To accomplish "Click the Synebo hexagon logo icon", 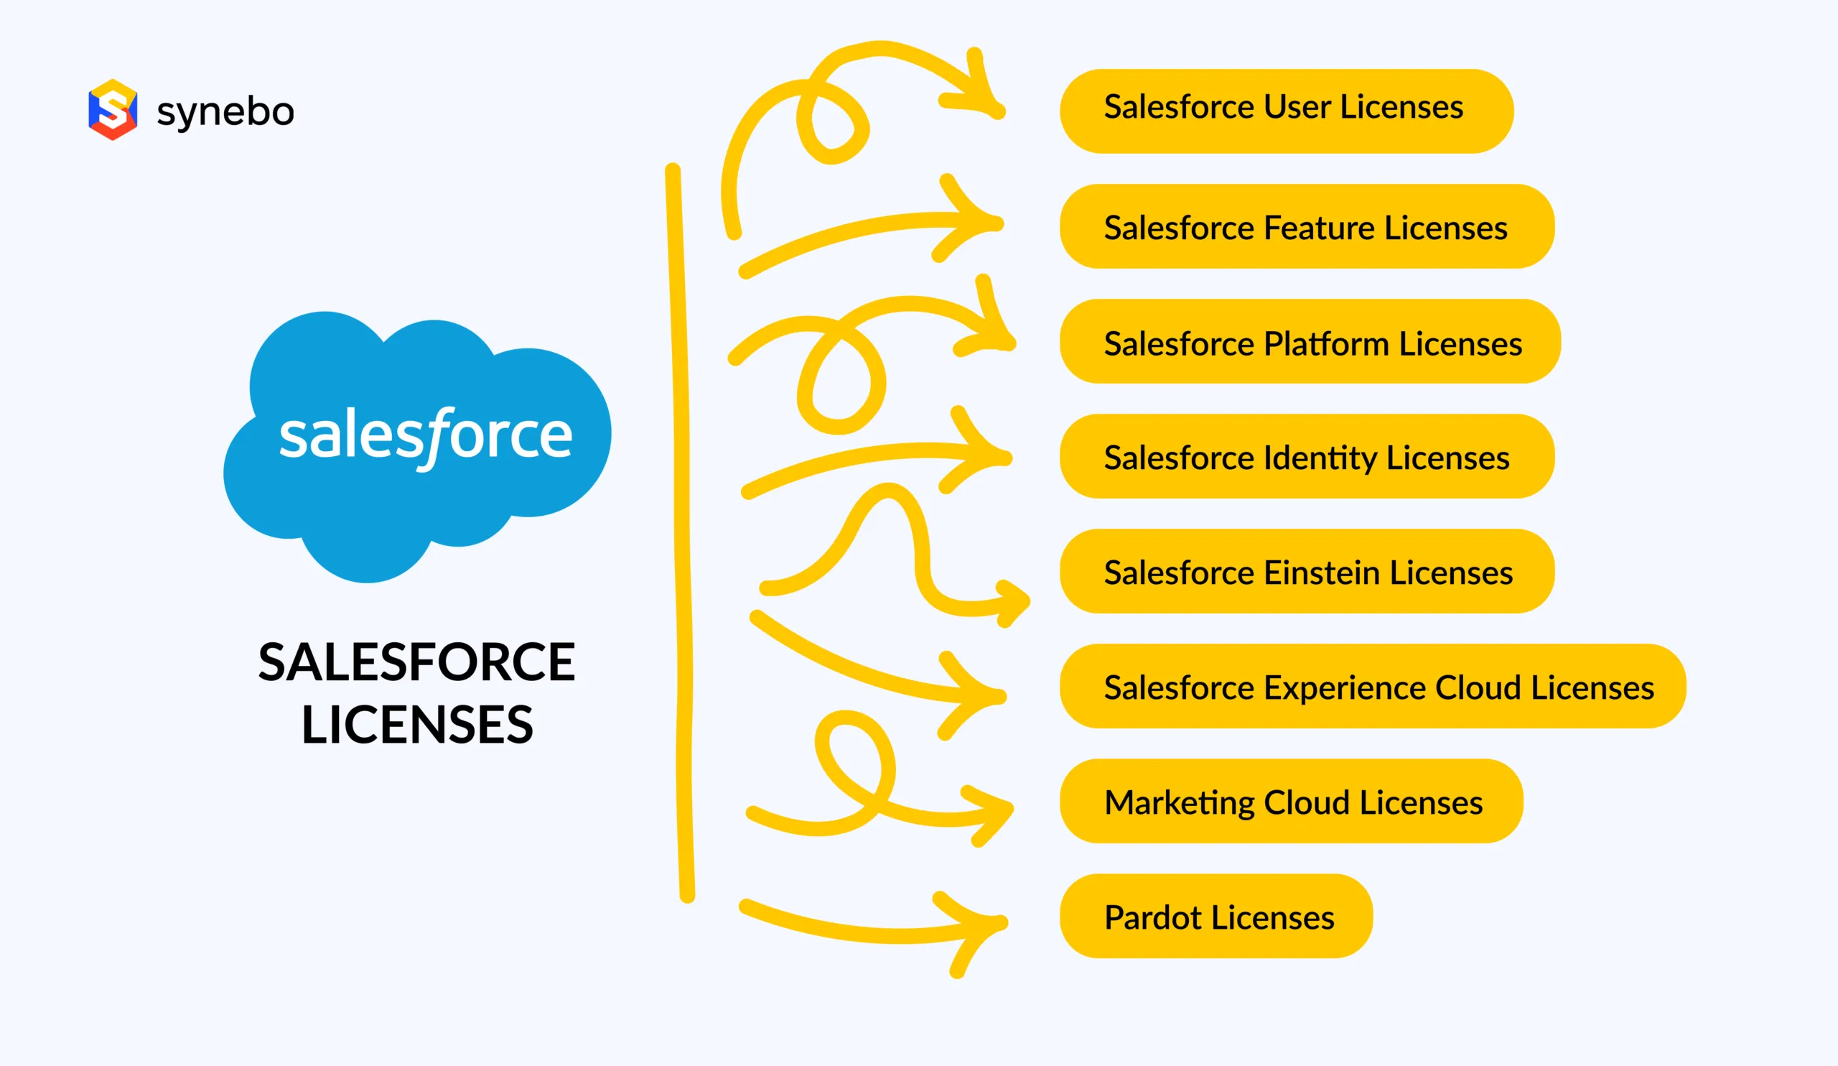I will pos(112,109).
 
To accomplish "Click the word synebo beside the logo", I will pos(225,111).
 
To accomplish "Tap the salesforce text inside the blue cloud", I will pos(425,435).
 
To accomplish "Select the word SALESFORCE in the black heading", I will pos(416,662).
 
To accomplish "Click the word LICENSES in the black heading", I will pos(417,726).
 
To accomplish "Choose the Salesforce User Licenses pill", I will pos(1286,111).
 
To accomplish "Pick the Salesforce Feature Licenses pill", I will pos(1306,226).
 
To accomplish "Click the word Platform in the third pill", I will pos(1326,343).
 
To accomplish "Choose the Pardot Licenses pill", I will pos(1216,917).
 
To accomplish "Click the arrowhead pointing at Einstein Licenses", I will pos(1014,602).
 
